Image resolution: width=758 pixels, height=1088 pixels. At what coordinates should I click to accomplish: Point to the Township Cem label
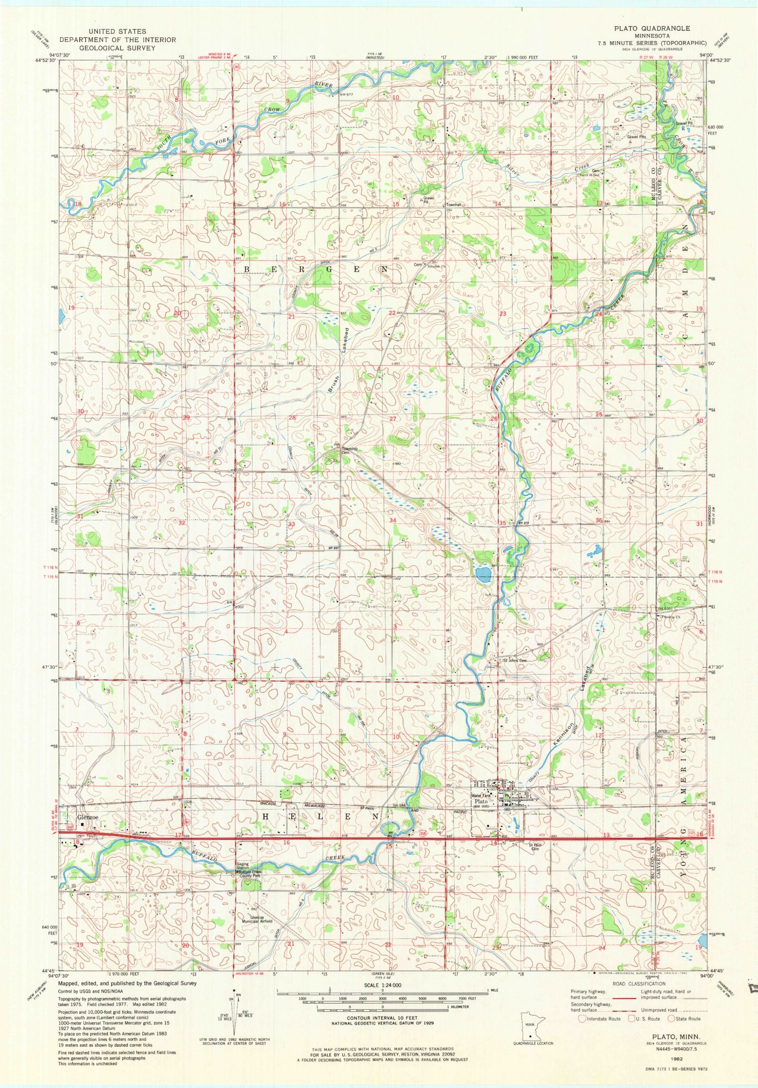[349, 450]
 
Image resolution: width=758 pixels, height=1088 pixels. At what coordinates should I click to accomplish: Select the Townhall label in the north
[454, 205]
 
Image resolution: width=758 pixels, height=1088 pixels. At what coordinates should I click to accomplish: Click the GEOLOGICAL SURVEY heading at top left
[117, 48]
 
